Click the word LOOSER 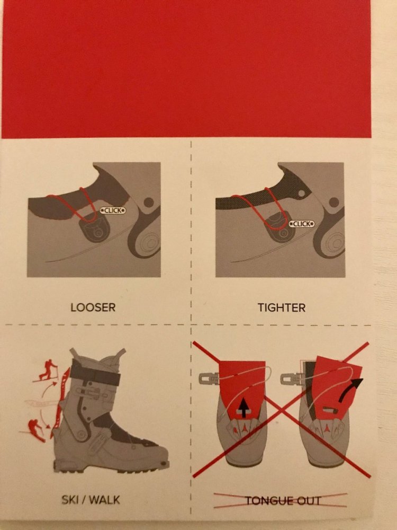pos(93,307)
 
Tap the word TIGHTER pos(282,307)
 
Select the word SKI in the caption pos(70,500)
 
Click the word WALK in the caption pos(104,500)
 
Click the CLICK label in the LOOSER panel pos(113,210)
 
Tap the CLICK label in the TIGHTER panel pos(302,224)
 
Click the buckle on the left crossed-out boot pos(208,378)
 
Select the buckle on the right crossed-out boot pos(290,378)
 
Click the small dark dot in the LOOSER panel pos(149,203)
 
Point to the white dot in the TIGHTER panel pos(302,193)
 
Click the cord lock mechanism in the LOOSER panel pos(94,227)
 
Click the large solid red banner pos(186,69)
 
